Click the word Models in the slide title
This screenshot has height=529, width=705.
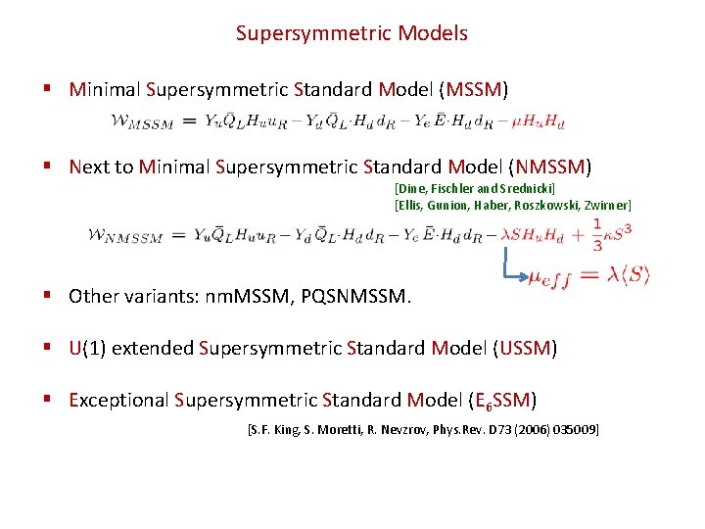point(433,33)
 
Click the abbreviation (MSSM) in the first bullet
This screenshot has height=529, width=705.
point(475,90)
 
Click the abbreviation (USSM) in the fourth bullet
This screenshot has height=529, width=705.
point(526,348)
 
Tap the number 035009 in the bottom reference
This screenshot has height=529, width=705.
point(572,429)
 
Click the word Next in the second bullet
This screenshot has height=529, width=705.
point(89,167)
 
